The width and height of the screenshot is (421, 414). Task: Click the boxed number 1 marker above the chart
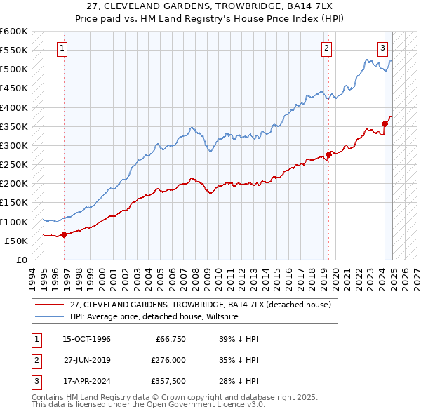click(62, 48)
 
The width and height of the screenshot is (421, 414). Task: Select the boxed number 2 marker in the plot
click(327, 48)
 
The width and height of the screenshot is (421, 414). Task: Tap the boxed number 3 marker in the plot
click(382, 48)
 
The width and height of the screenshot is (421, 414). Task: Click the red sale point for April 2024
click(385, 124)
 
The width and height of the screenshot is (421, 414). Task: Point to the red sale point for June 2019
click(328, 155)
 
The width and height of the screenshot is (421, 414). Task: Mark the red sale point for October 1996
click(64, 234)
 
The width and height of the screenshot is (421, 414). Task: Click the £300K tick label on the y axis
click(13, 145)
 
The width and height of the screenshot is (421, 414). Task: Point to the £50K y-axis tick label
click(15, 241)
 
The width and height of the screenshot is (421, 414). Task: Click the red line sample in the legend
click(50, 305)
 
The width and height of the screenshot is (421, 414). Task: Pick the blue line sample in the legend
click(50, 316)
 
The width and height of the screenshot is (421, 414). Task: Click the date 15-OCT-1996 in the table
click(87, 339)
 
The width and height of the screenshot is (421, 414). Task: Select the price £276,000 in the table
click(168, 361)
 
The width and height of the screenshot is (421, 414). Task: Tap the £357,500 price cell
click(168, 382)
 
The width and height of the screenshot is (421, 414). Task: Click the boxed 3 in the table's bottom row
click(34, 382)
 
